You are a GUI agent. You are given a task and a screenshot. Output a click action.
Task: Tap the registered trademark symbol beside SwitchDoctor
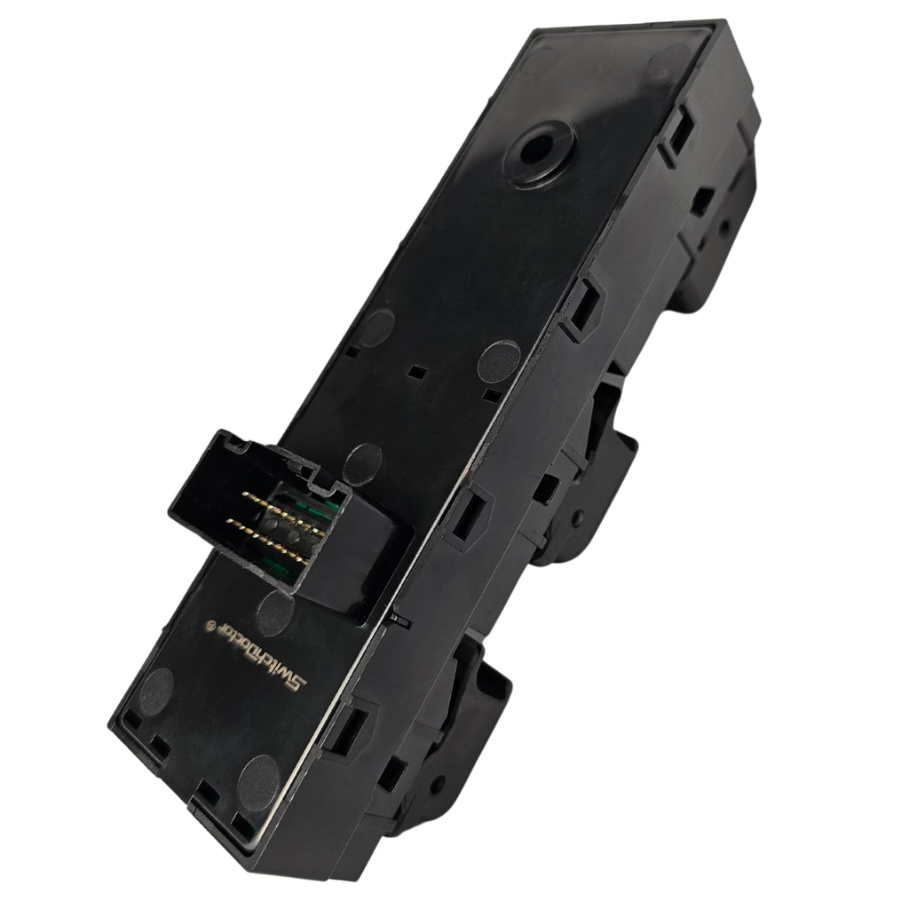[210, 624]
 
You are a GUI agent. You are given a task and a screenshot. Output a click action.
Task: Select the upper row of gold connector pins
[280, 506]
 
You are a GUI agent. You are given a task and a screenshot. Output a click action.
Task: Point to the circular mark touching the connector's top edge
[363, 461]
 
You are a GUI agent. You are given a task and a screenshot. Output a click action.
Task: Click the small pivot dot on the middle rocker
[579, 515]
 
